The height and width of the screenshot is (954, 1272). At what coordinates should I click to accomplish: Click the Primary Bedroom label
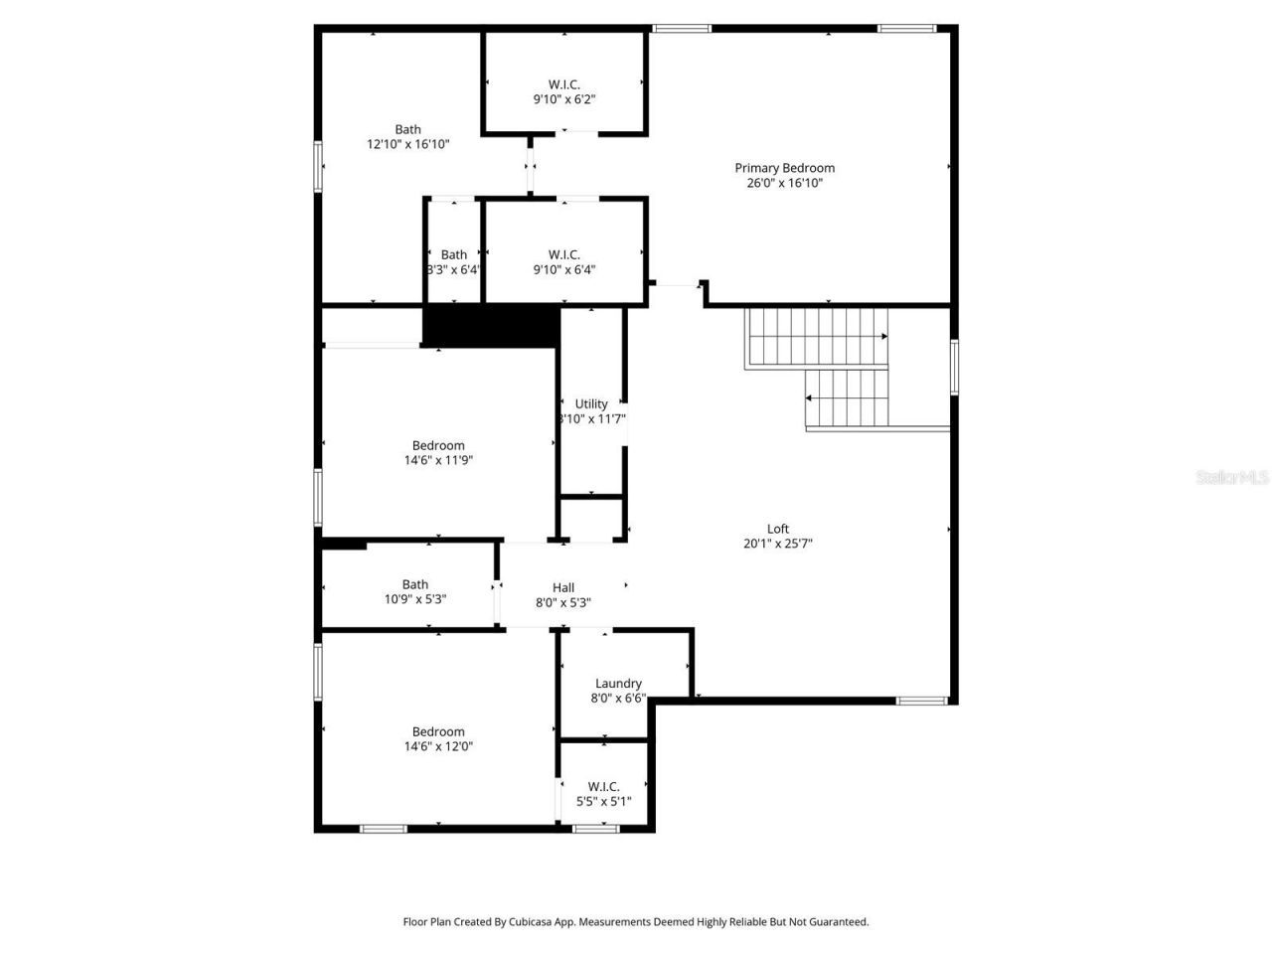point(784,168)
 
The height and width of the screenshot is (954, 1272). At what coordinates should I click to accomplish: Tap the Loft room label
point(777,529)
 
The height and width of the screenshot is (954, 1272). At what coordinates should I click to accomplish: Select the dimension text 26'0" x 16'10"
point(784,183)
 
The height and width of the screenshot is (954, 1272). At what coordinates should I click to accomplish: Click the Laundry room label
point(618,684)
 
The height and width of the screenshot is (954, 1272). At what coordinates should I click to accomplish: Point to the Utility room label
point(591,403)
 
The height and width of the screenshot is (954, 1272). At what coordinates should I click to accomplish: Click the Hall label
point(563,587)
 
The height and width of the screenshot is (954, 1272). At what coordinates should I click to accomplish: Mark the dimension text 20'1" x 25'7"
point(777,544)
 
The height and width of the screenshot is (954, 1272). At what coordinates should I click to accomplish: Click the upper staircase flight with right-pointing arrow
point(816,337)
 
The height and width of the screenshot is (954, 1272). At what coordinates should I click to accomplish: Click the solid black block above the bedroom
point(491,326)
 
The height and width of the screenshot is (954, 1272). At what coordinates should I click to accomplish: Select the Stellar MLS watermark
point(1232,478)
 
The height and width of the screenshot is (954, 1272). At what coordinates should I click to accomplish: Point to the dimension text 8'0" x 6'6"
point(618,699)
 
